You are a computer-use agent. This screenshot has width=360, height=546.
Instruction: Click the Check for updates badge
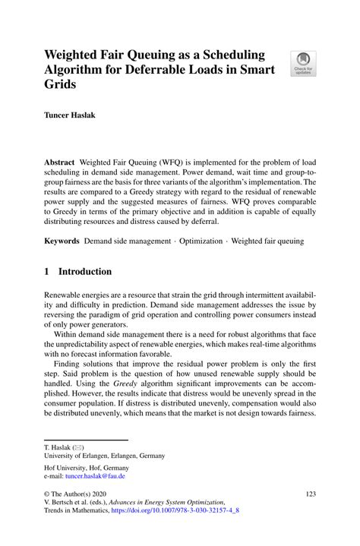point(304,64)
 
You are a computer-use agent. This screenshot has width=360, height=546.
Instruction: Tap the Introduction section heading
point(85,272)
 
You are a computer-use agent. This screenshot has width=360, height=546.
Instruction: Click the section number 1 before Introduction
point(47,272)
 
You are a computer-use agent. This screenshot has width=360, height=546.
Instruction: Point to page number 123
point(309,494)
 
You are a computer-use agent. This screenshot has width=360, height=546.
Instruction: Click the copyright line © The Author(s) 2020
point(79,494)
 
